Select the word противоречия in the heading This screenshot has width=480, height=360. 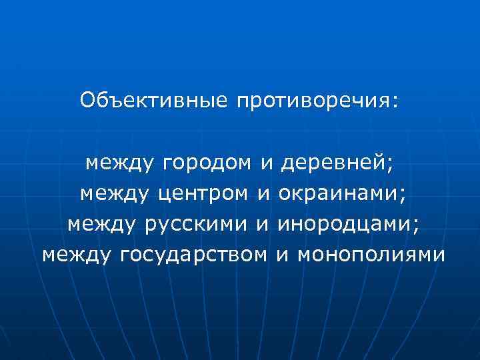pos(312,102)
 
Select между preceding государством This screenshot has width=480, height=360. pos(78,255)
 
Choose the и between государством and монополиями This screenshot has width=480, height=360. pos(282,255)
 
